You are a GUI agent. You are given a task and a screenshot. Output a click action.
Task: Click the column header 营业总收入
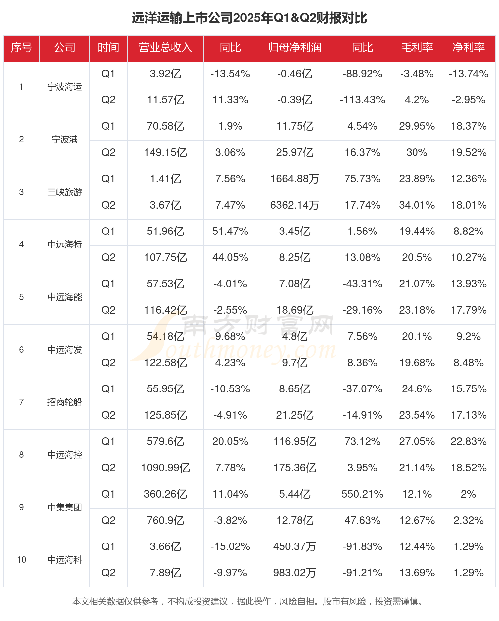(x=165, y=48)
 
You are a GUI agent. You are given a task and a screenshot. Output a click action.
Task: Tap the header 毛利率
(x=417, y=48)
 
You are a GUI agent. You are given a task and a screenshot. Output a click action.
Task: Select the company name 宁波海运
(x=65, y=87)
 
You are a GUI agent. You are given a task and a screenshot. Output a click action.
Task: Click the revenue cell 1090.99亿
(x=165, y=468)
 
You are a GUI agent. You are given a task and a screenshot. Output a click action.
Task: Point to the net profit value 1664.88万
(x=295, y=179)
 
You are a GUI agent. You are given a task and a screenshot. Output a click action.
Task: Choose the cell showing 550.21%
(x=362, y=494)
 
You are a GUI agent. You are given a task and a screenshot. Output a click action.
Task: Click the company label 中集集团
(x=65, y=507)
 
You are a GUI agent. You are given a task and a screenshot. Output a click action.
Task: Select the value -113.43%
(x=362, y=100)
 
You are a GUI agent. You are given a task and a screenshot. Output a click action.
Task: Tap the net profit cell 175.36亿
(x=295, y=468)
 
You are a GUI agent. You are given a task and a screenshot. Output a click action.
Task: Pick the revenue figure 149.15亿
(x=165, y=153)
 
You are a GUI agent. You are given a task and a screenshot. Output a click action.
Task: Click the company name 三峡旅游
(x=65, y=192)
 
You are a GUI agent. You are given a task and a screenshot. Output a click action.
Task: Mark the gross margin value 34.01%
(x=417, y=205)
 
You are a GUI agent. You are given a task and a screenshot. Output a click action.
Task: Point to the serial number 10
(x=21, y=560)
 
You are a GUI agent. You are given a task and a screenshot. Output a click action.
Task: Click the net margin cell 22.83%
(x=468, y=441)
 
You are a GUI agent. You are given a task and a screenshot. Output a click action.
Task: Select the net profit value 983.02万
(x=295, y=573)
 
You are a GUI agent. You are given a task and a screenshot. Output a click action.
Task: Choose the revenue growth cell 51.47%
(x=230, y=231)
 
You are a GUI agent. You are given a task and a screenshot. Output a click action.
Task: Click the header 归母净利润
(x=295, y=48)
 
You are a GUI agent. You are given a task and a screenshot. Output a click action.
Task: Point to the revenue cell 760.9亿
(x=165, y=520)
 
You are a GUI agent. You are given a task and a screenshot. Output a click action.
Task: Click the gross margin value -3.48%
(x=417, y=74)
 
